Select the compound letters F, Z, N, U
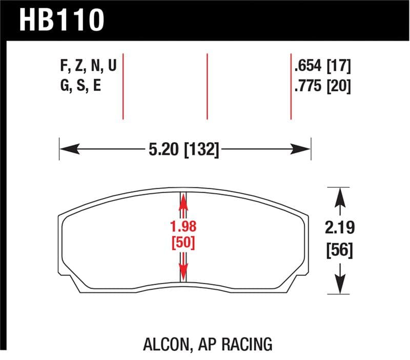pyautogui.click(x=88, y=66)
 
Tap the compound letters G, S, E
pyautogui.click(x=80, y=86)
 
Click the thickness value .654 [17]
pyautogui.click(x=322, y=66)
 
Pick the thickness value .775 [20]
pyautogui.click(x=322, y=86)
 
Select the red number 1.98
pyautogui.click(x=184, y=226)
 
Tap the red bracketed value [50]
pyautogui.click(x=184, y=242)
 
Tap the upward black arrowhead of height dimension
pyautogui.click(x=339, y=197)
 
